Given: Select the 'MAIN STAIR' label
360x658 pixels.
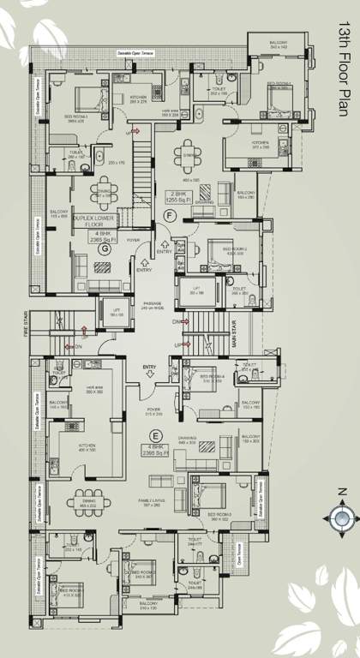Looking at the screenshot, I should click(x=232, y=330).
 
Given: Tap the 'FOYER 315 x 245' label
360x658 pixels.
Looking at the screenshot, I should click(x=153, y=411).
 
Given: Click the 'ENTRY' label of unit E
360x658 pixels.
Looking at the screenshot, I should click(x=150, y=368).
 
